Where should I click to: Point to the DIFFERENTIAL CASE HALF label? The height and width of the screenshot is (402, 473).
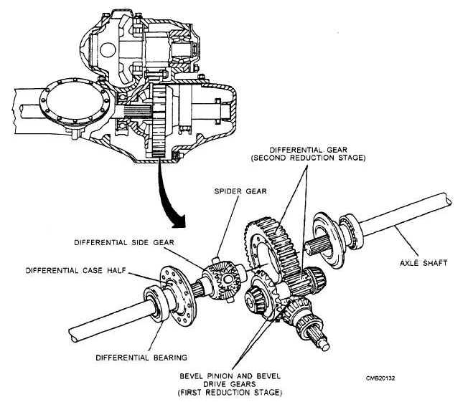point(70,270)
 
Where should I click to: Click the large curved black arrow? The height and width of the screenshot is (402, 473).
point(168,201)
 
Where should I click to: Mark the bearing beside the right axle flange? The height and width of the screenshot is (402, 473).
point(351,229)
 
